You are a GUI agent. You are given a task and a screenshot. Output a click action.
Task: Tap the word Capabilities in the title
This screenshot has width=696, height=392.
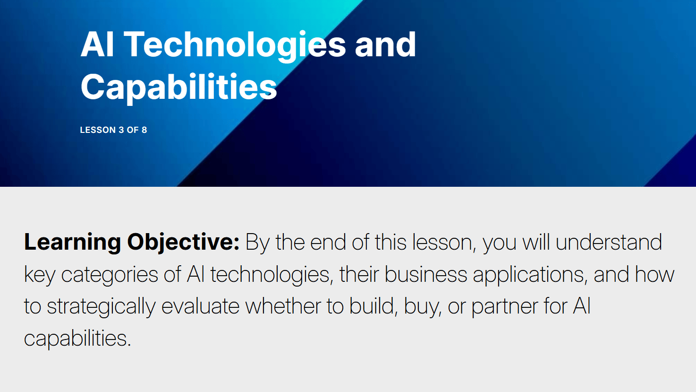pyautogui.click(x=178, y=88)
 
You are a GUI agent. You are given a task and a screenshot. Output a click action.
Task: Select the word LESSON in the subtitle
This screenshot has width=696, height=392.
pyautogui.click(x=98, y=130)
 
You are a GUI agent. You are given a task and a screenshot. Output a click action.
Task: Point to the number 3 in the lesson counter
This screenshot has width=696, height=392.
pyautogui.click(x=121, y=130)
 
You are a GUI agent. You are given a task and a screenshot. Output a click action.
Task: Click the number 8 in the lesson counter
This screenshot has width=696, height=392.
pyautogui.click(x=144, y=130)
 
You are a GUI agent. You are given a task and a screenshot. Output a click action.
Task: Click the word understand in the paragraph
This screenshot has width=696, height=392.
pyautogui.click(x=609, y=243)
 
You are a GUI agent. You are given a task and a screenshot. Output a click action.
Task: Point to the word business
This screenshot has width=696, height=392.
pyautogui.click(x=426, y=274)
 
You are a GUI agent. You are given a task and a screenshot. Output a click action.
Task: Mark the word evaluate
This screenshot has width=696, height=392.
pyautogui.click(x=200, y=306)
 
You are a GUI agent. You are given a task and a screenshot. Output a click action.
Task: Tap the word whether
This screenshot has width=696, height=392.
pyautogui.click(x=283, y=306)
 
